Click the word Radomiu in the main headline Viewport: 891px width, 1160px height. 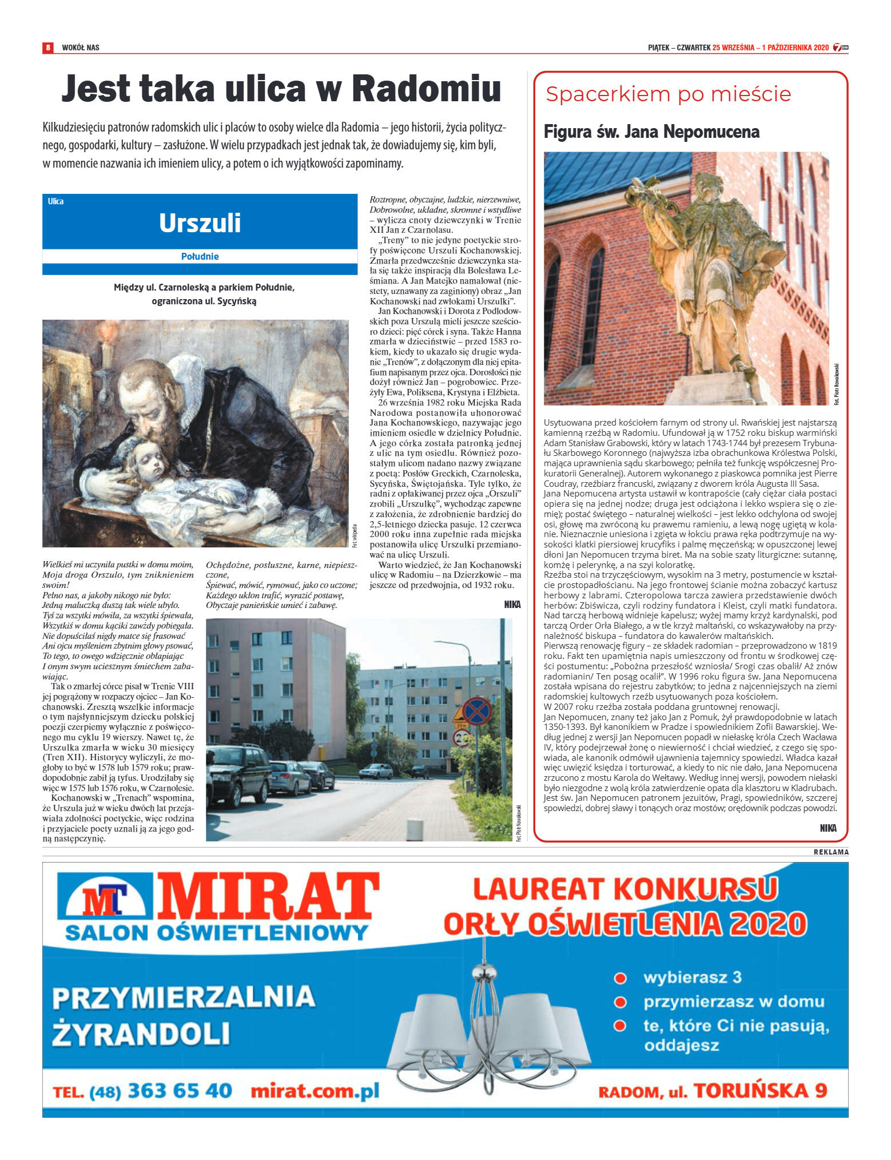[426, 89]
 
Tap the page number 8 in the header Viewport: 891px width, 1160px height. [49, 47]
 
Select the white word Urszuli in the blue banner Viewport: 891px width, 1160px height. [200, 223]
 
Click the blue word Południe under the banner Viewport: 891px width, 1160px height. [200, 256]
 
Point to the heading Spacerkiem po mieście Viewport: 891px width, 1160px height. [668, 94]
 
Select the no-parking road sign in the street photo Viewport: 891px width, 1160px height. [477, 711]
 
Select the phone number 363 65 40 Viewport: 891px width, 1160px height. [180, 1091]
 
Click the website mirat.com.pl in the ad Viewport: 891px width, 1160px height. [315, 1091]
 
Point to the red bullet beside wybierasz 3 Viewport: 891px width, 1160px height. [620, 978]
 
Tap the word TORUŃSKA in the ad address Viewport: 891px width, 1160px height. [751, 1091]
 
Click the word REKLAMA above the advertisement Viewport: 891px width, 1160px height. [831, 852]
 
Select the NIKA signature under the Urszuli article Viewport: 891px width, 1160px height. [512, 605]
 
